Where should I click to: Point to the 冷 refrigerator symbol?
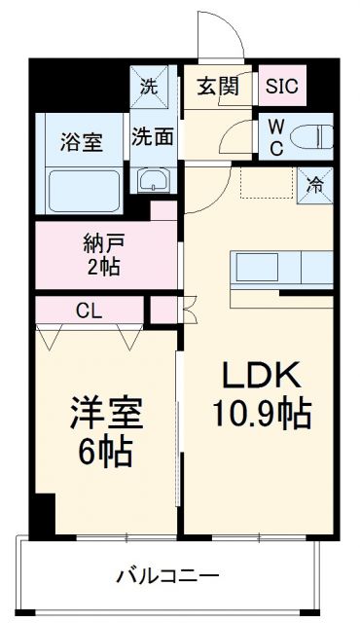(316, 181)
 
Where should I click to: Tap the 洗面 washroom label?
(154, 136)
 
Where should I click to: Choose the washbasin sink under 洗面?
(154, 179)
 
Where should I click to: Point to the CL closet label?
(89, 311)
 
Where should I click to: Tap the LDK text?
(261, 376)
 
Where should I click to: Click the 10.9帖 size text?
(261, 416)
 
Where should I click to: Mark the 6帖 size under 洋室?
(101, 453)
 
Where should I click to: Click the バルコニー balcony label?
(169, 575)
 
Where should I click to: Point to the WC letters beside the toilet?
(275, 135)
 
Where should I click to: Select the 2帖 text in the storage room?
(102, 267)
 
